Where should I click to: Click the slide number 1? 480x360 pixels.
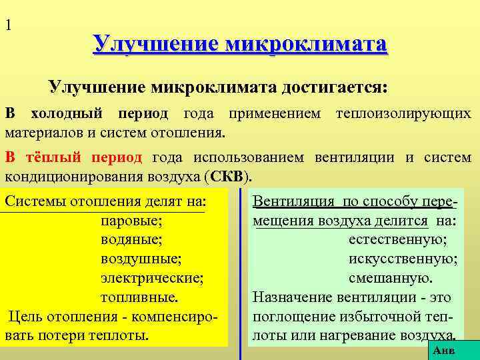(x=8, y=26)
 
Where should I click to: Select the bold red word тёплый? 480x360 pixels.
(x=55, y=158)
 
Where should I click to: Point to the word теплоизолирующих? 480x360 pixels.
(x=404, y=114)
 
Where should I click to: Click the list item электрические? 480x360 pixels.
(x=152, y=277)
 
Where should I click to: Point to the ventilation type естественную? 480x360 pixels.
(x=397, y=238)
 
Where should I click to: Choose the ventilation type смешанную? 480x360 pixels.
(x=391, y=277)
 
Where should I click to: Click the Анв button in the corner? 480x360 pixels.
(x=444, y=349)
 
